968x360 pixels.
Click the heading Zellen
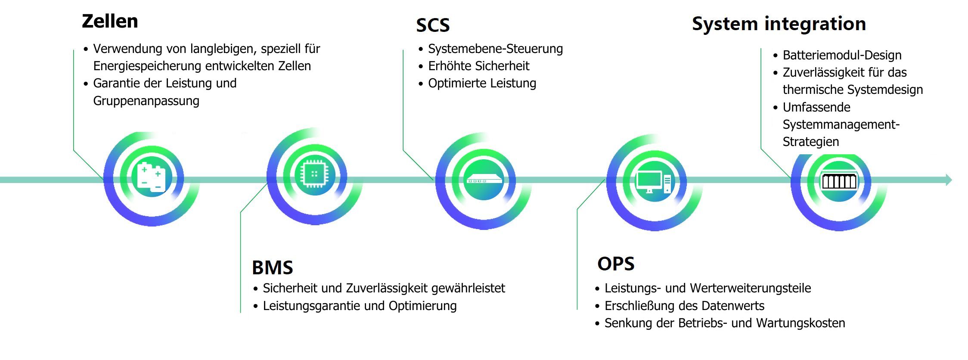tap(110, 21)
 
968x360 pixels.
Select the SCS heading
tap(433, 25)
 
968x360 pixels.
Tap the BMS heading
tap(272, 267)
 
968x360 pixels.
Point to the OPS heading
tap(616, 264)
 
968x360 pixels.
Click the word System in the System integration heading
tap(725, 24)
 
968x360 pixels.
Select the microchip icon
tap(314, 174)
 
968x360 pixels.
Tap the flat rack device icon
tap(484, 180)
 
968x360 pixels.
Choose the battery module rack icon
tap(839, 181)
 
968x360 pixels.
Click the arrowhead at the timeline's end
tap(949, 180)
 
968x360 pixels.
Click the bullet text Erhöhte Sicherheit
tap(478, 66)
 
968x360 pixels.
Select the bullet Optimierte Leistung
tap(482, 83)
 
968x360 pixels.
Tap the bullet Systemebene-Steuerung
tap(495, 49)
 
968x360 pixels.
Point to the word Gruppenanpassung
tap(146, 101)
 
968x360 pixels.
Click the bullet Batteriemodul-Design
tap(842, 55)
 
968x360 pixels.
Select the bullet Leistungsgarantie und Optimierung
tap(360, 306)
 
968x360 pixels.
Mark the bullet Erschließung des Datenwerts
tap(684, 306)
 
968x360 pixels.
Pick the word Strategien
tap(810, 142)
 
